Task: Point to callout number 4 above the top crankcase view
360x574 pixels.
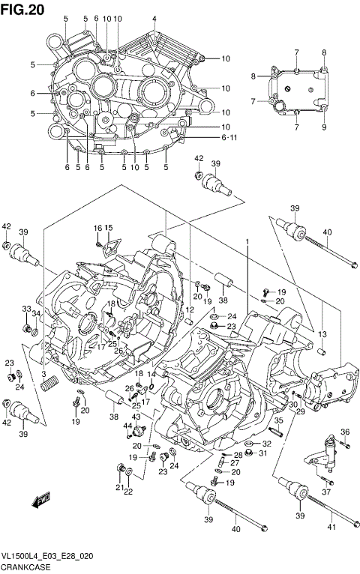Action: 154,19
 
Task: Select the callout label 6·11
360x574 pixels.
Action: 208,138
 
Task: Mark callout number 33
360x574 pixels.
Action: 25,309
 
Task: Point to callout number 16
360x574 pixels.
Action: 97,228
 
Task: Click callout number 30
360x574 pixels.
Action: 293,405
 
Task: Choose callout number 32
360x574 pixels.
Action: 268,444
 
